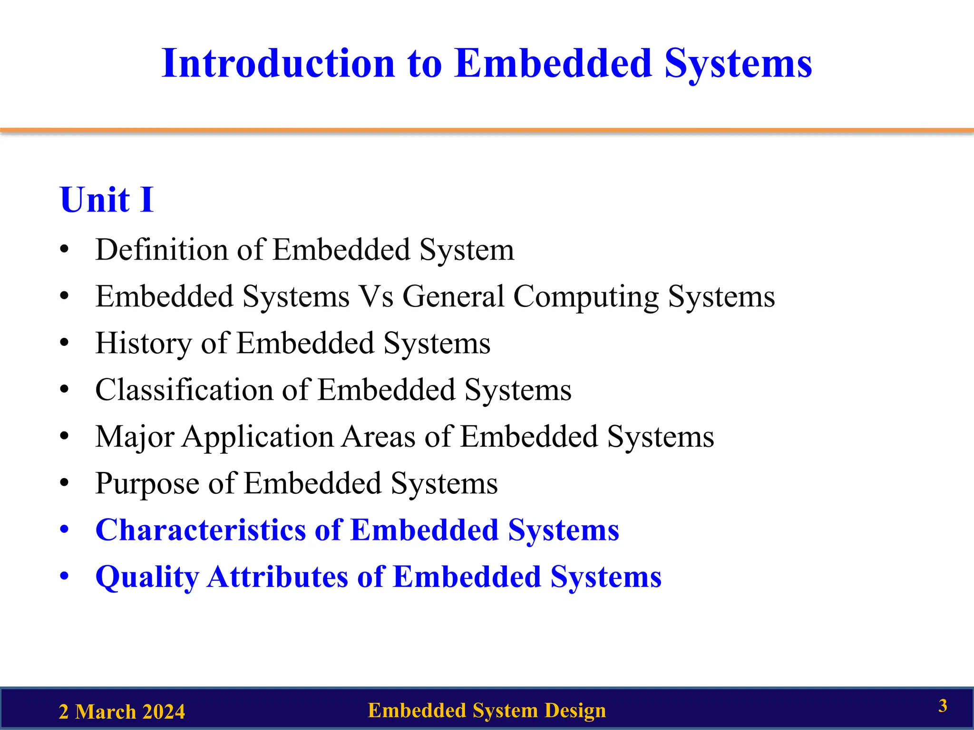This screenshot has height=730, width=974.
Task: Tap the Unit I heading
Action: (x=107, y=200)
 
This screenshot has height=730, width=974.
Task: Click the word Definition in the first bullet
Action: (x=161, y=250)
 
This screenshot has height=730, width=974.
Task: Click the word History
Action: (x=143, y=344)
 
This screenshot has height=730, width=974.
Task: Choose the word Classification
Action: (x=184, y=390)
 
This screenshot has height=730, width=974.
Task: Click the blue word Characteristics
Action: (x=201, y=530)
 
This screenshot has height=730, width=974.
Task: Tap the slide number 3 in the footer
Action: (x=943, y=706)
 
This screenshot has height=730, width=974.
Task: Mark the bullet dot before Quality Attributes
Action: (x=65, y=576)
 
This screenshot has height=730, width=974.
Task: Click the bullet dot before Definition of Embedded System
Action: (x=65, y=250)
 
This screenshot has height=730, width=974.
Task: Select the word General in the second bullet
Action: (x=453, y=297)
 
